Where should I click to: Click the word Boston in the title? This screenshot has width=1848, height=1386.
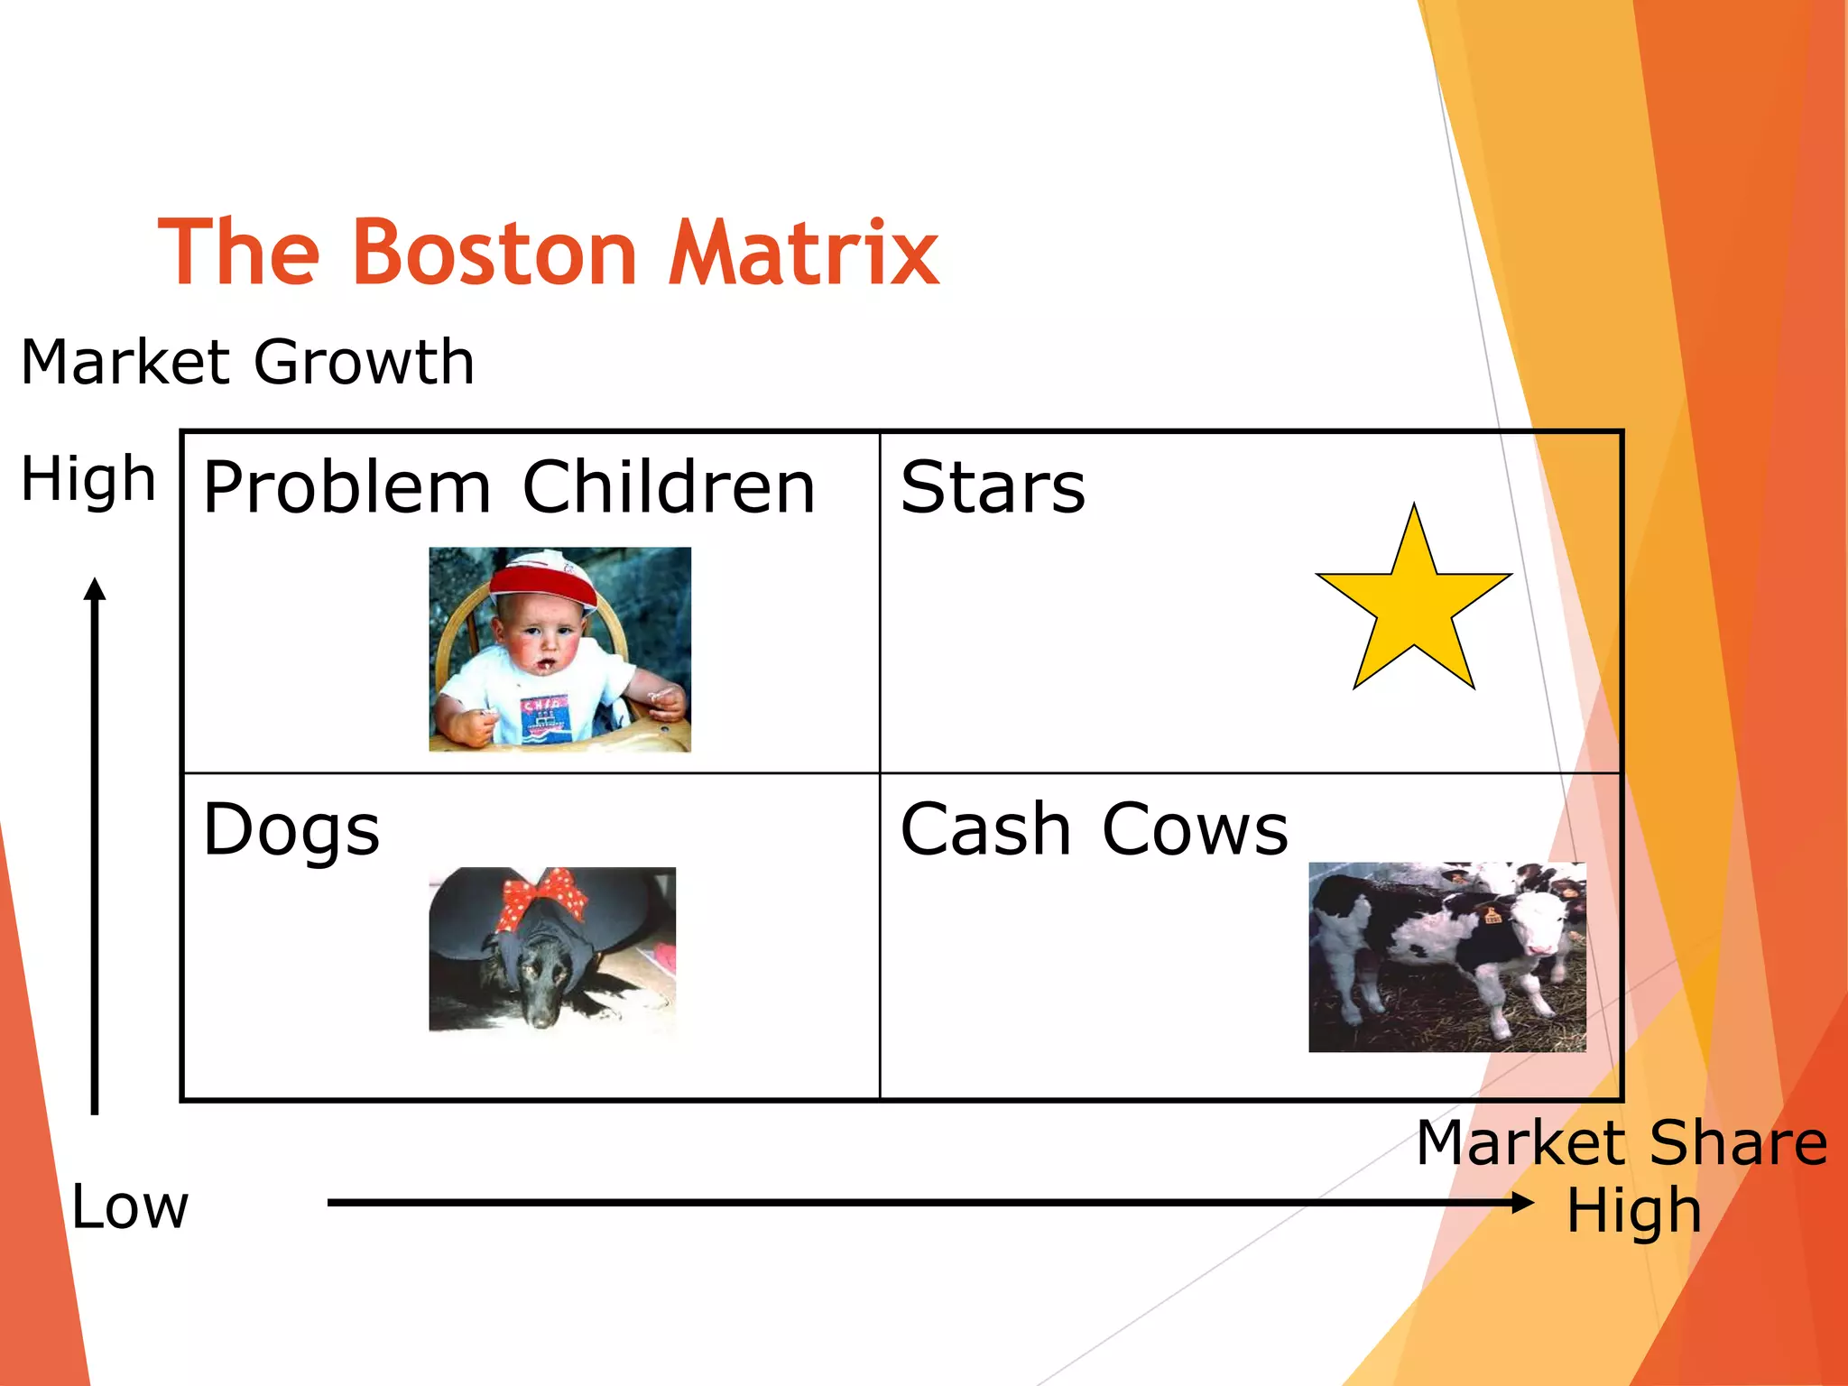495,254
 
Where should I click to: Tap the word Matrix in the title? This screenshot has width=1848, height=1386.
803,254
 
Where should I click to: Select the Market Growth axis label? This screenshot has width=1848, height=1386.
247,362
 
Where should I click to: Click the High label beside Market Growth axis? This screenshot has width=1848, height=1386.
88,478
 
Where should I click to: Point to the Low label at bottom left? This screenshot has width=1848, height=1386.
130,1207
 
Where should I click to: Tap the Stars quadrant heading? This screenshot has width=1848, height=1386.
993,487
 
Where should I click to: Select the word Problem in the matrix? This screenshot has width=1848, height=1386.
347,488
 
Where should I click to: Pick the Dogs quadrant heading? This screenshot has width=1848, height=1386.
291,830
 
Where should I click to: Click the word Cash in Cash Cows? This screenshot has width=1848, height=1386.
985,829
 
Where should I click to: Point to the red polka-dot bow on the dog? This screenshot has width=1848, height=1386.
542,896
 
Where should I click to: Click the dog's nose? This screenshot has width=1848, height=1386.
541,1020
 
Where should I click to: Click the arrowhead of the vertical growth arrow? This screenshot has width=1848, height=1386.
95,589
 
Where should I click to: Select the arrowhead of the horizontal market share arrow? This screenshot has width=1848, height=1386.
1522,1202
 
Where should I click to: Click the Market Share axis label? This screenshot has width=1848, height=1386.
1622,1143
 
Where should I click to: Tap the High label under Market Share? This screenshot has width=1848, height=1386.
1633,1211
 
